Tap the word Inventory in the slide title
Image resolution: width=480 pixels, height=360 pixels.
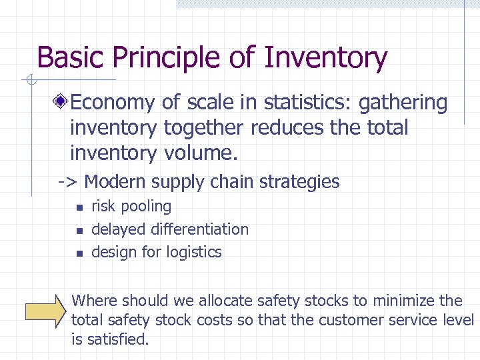325,58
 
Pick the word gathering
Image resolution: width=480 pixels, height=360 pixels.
403,103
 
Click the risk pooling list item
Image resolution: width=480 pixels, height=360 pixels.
131,207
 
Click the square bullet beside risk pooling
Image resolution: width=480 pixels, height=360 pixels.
78,208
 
